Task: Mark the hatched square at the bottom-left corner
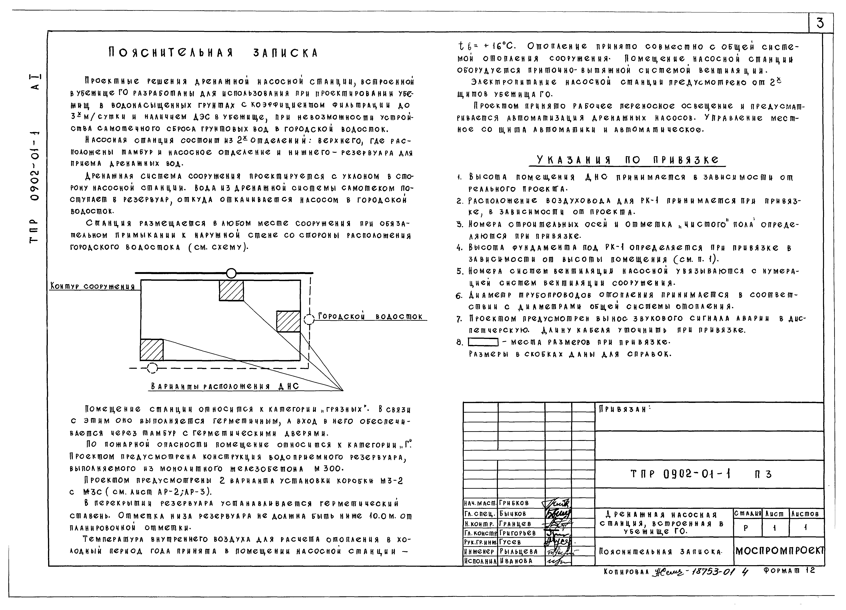pyautogui.click(x=151, y=350)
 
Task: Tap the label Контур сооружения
pyautogui.click(x=92, y=287)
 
